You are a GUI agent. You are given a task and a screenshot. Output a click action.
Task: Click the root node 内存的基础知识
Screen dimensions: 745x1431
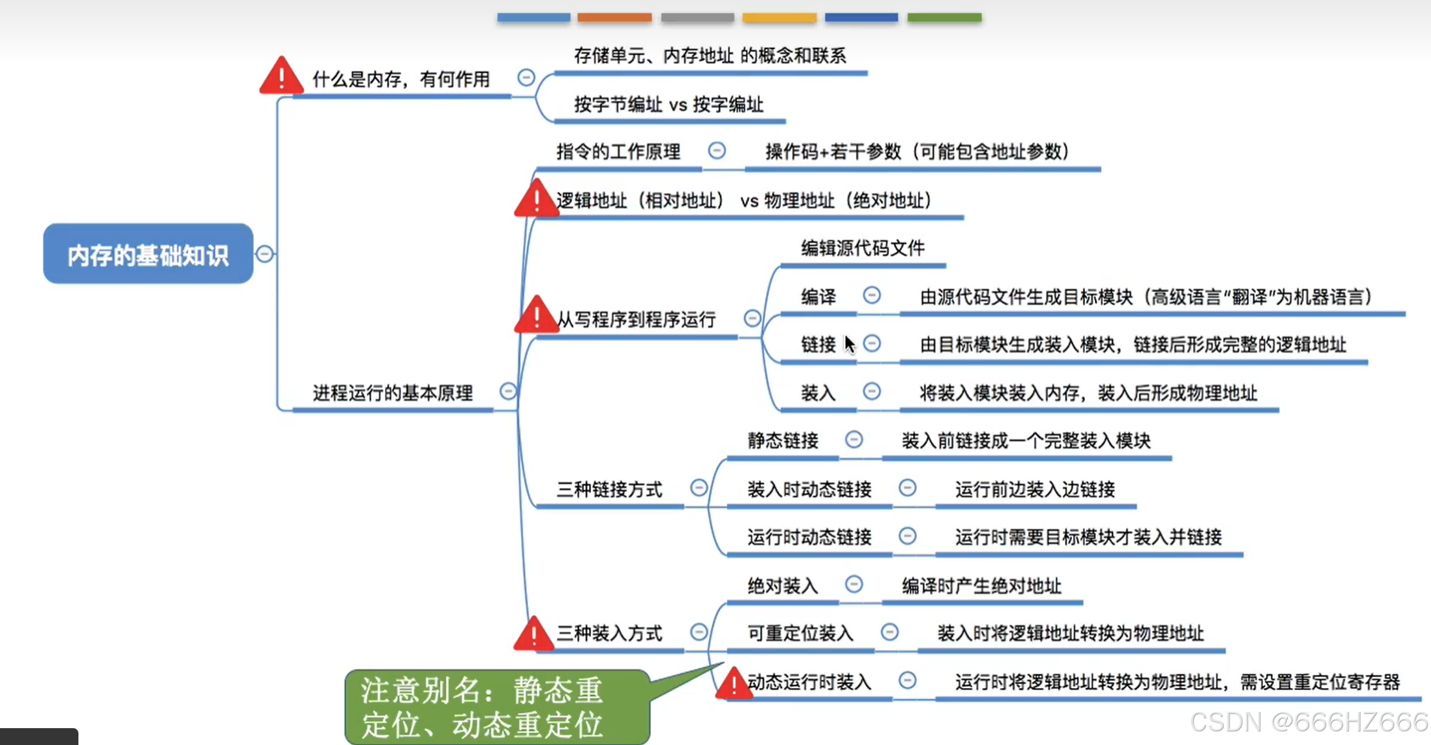(148, 254)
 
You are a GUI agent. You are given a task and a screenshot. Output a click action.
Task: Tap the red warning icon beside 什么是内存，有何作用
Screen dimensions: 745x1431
(281, 77)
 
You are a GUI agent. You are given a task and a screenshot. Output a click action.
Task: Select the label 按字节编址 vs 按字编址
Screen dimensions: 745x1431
(668, 104)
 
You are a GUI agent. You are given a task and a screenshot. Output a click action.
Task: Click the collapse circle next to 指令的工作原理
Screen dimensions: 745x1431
(716, 151)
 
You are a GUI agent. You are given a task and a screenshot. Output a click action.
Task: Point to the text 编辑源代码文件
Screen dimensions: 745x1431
(863, 248)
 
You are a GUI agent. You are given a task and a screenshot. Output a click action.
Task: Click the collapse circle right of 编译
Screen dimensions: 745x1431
(872, 296)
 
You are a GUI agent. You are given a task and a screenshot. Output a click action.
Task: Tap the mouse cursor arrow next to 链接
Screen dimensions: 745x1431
(850, 344)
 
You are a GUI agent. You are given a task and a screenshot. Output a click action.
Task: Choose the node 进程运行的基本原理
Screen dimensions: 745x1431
(393, 393)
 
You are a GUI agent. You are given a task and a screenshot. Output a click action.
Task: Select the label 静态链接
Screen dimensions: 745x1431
(783, 441)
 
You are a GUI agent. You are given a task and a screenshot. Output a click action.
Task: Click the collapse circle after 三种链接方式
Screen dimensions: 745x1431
(699, 488)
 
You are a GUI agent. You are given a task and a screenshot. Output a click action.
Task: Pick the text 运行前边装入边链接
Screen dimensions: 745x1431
(1035, 489)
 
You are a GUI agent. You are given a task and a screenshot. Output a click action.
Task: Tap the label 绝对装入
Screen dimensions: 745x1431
(783, 586)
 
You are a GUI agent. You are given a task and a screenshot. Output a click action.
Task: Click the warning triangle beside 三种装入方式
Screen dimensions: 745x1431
(534, 634)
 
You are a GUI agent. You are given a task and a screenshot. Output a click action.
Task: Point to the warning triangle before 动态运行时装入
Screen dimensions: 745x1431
(734, 683)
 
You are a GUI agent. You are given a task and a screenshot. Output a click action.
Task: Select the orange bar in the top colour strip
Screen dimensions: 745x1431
(614, 17)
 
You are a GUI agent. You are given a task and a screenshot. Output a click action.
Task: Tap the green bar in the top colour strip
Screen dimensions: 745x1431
(944, 17)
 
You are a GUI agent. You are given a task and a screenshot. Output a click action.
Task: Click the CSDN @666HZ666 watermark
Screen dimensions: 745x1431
(1309, 722)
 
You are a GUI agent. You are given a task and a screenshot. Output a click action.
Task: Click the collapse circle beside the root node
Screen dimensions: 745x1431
(264, 254)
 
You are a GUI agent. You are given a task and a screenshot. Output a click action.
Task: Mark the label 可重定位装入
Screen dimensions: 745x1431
(800, 633)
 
